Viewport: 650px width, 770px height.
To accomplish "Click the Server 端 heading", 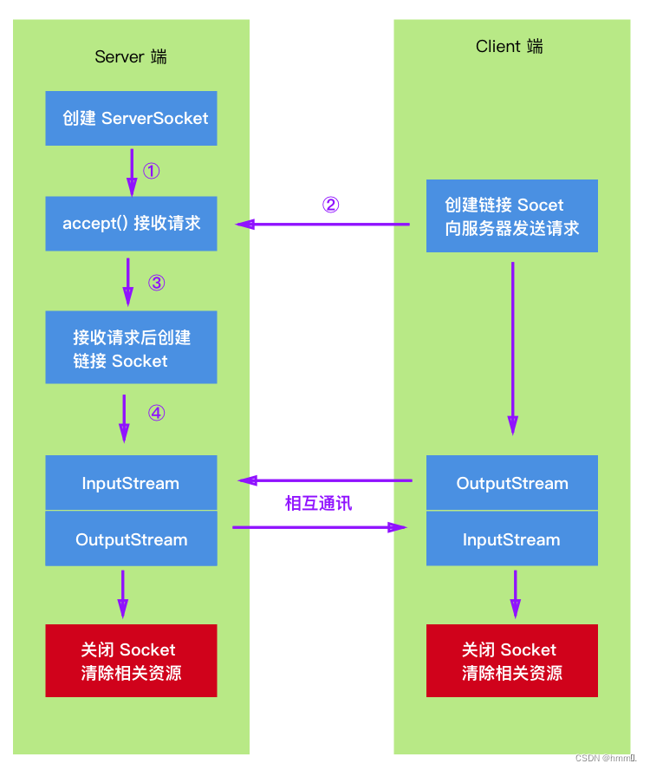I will coord(131,56).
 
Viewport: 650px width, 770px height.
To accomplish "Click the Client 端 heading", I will coord(510,46).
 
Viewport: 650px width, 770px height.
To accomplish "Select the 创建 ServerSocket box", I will coord(131,118).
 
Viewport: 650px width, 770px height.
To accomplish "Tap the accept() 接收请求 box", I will coord(131,224).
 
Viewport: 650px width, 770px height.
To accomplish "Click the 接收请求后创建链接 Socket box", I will coord(131,348).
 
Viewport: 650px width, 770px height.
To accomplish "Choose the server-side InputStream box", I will coord(131,483).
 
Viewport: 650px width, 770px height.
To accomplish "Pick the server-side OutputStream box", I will coord(131,538).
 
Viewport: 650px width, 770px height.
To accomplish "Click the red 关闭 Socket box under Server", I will coord(131,661).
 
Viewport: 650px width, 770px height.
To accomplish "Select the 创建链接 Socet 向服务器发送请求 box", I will coord(511,216).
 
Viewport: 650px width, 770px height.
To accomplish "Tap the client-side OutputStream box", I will coord(511,483).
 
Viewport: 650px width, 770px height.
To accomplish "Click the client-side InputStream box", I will coord(511,538).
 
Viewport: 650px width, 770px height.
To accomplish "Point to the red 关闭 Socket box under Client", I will coord(511,661).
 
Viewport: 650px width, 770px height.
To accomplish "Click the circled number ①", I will coord(152,171).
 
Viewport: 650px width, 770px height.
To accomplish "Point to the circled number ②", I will coord(330,205).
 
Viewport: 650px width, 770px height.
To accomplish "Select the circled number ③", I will coord(156,283).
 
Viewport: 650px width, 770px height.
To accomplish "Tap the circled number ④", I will coord(156,413).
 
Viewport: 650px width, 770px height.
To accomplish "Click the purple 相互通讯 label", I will coord(319,503).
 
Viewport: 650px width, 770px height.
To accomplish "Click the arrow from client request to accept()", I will coord(322,225).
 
